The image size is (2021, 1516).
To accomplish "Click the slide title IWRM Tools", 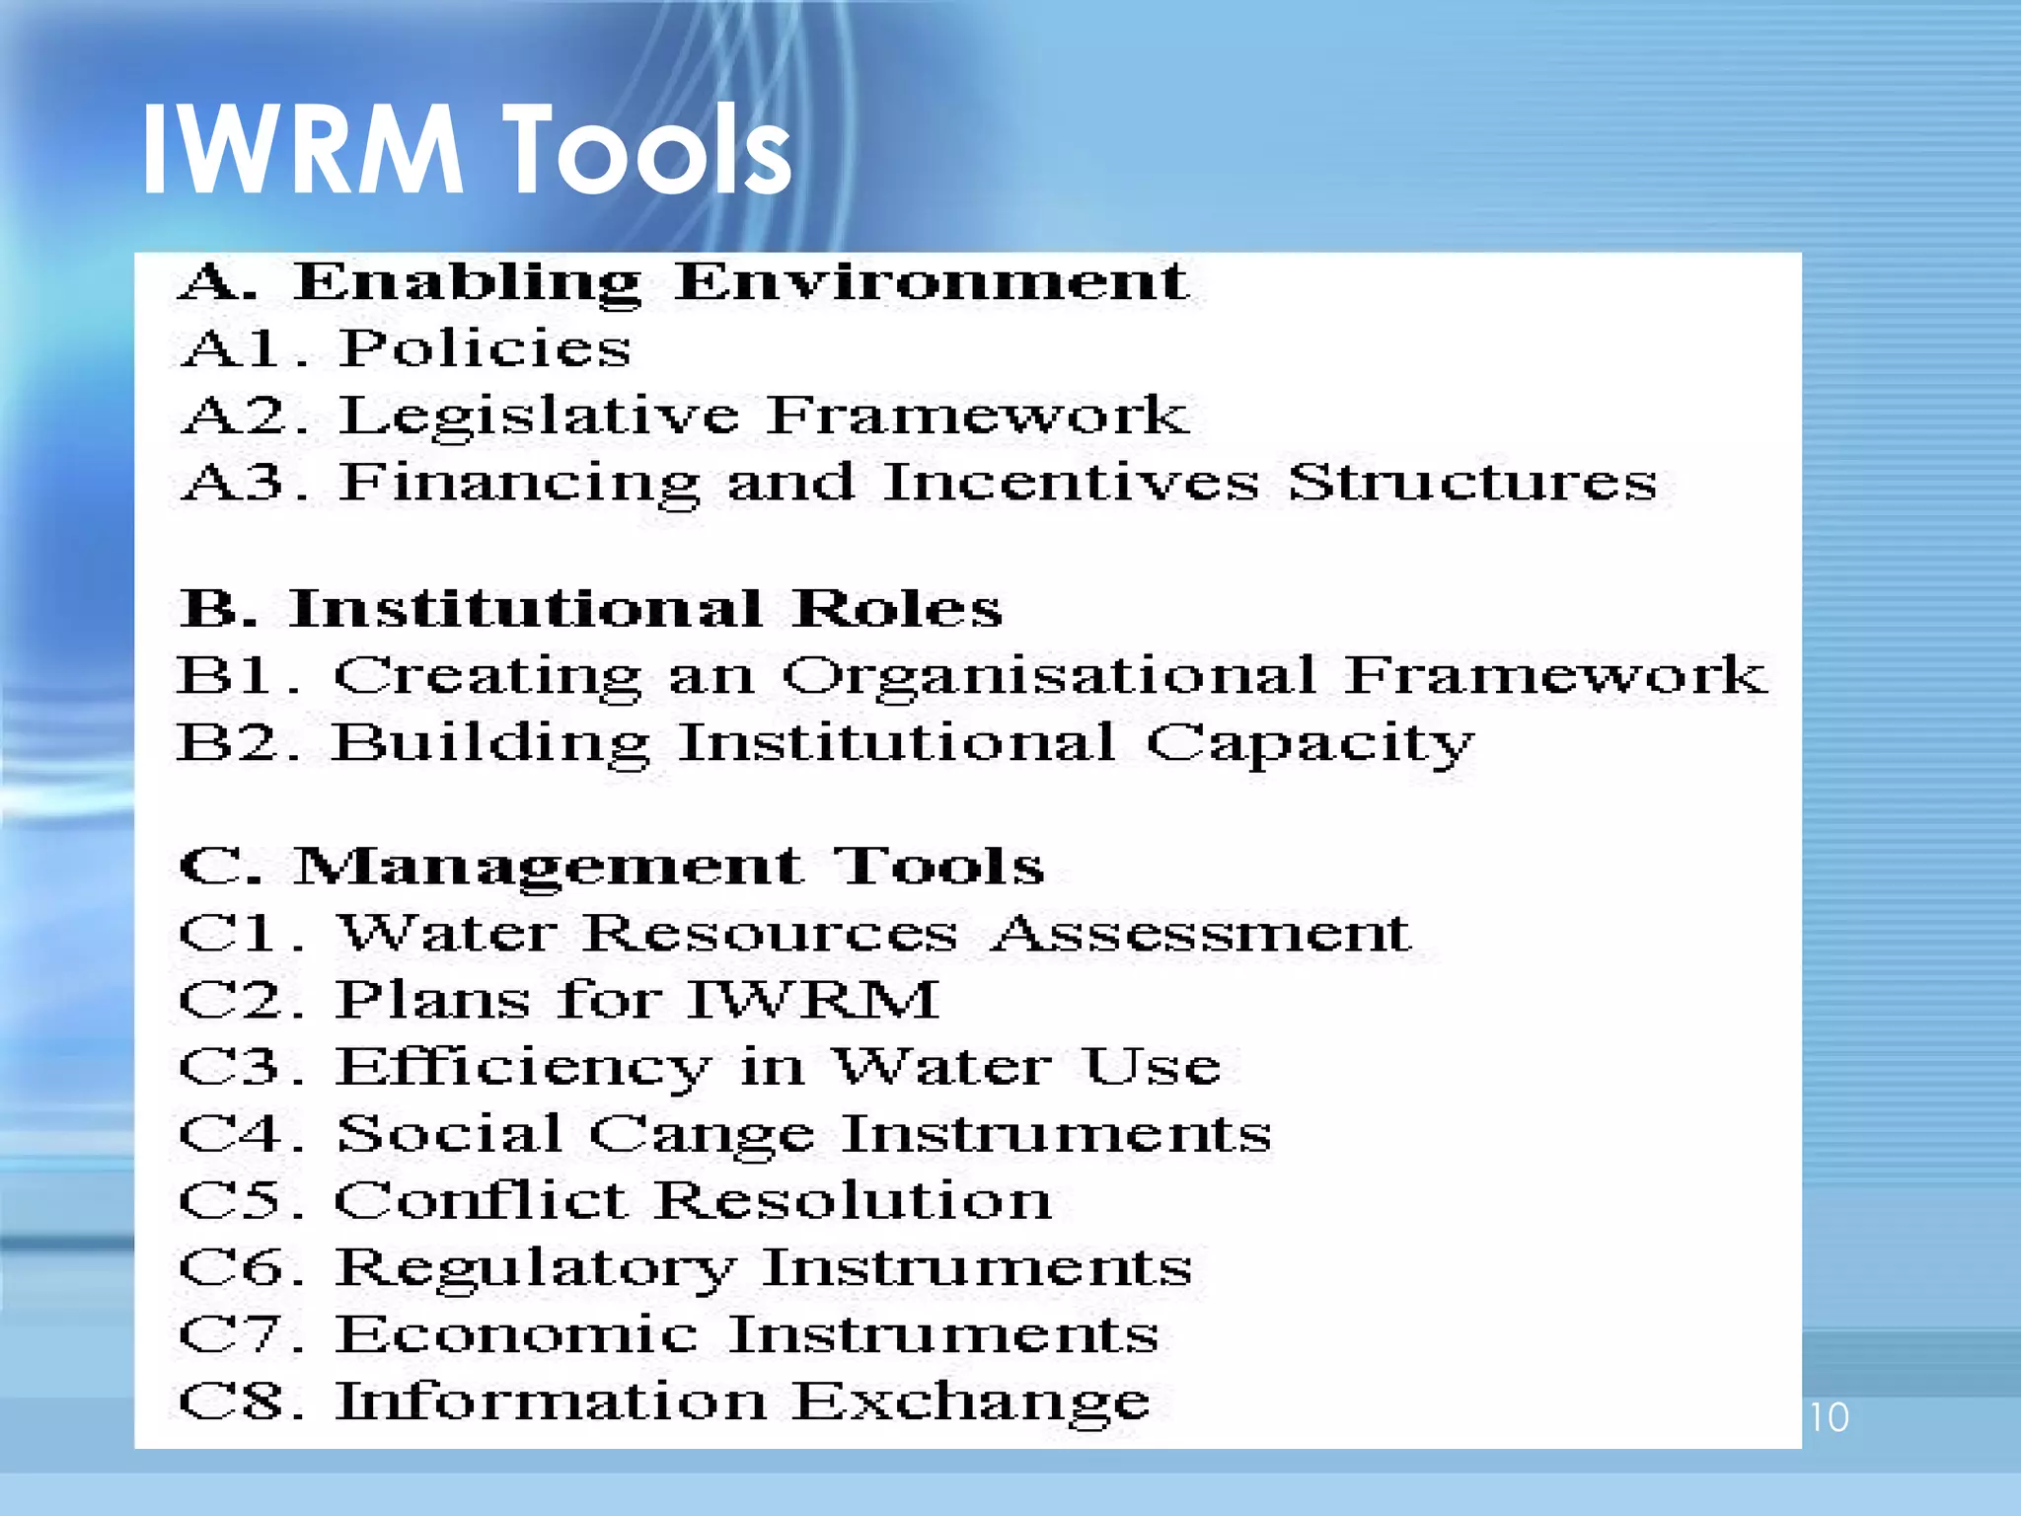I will click(466, 151).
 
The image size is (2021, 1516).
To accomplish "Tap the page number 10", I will click(1829, 1417).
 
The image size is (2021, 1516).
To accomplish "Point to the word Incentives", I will click(1071, 483).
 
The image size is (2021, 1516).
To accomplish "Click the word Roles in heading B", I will click(897, 609).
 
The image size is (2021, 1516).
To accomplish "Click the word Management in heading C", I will click(549, 868).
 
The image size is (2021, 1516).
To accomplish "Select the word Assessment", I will click(1202, 934).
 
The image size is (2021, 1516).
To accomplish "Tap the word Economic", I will click(518, 1334).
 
